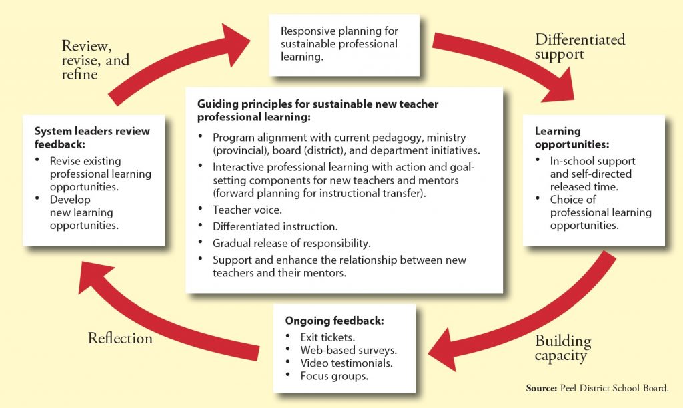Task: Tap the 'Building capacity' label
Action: tap(562, 348)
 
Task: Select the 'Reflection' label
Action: tap(120, 339)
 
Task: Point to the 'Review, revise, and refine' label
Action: tap(95, 60)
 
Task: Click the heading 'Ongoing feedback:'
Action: tap(325, 320)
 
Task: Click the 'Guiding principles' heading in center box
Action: tap(317, 110)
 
